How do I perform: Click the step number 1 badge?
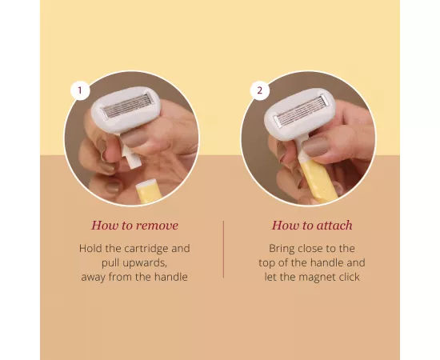click(x=79, y=90)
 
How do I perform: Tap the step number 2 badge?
click(x=258, y=90)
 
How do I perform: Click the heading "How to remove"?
click(x=134, y=225)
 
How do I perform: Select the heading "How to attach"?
click(x=312, y=225)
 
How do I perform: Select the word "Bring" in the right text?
click(x=283, y=249)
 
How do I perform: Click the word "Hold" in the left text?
click(x=91, y=249)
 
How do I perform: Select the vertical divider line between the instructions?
click(x=223, y=249)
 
